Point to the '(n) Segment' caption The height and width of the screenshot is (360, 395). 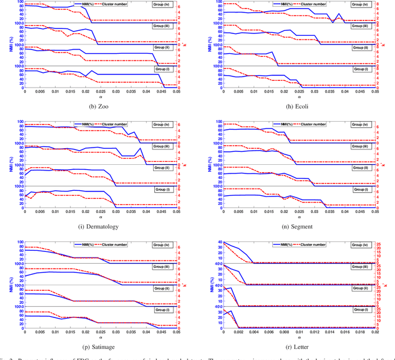298,227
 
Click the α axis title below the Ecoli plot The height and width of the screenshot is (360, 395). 299,97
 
